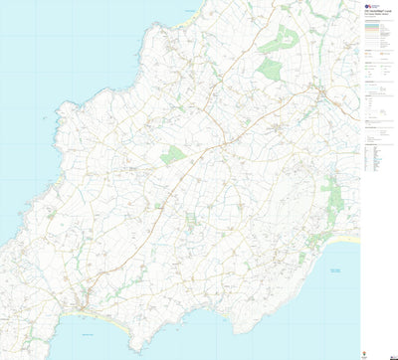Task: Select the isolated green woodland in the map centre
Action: coord(174,155)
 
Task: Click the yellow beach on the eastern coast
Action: coord(344,239)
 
